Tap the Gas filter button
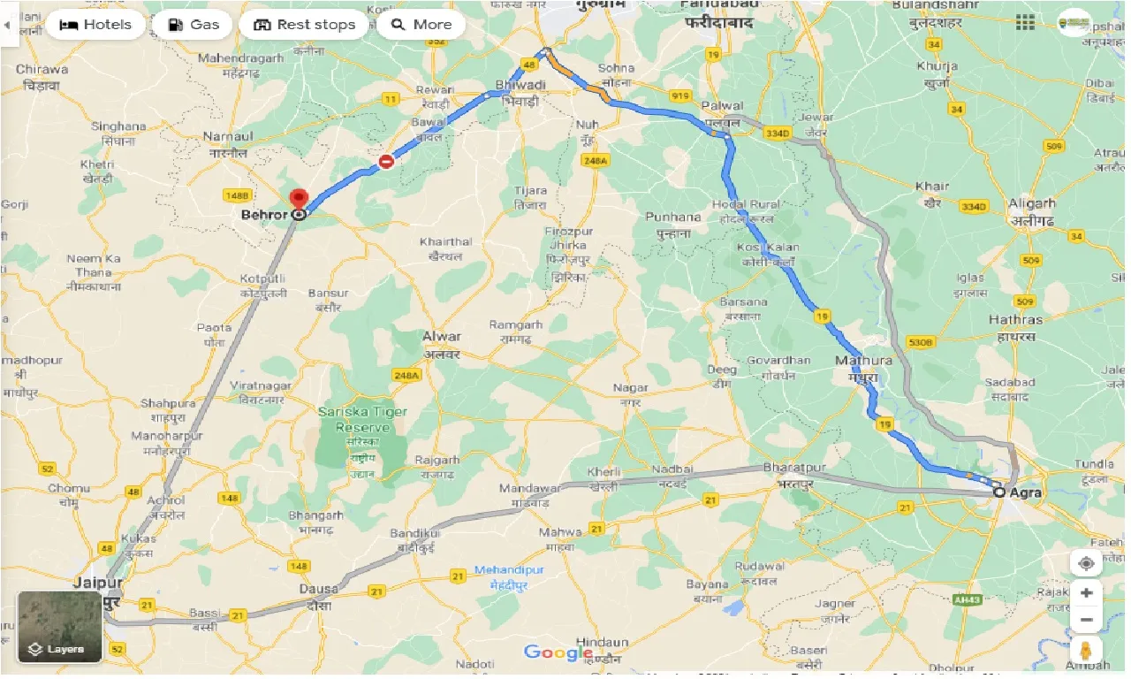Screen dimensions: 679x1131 pos(193,25)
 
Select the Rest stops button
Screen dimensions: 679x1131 pos(305,25)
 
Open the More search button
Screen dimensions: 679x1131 pos(421,25)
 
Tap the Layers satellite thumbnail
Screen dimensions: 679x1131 pos(60,626)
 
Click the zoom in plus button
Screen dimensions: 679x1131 pos(1086,593)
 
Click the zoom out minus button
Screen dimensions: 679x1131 pos(1086,620)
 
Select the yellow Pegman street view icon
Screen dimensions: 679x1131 pos(1086,652)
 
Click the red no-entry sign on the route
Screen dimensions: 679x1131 pos(386,162)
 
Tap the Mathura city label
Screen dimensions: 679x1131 pos(863,361)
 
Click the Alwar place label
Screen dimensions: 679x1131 pos(441,337)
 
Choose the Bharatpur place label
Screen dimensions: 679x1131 pos(793,467)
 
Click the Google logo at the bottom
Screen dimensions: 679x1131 pos(558,652)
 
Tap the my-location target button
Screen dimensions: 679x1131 pos(1086,562)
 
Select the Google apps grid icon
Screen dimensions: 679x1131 pos(1025,23)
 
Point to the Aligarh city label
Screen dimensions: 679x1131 pos(1032,203)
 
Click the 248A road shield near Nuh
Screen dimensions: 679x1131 pos(596,161)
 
